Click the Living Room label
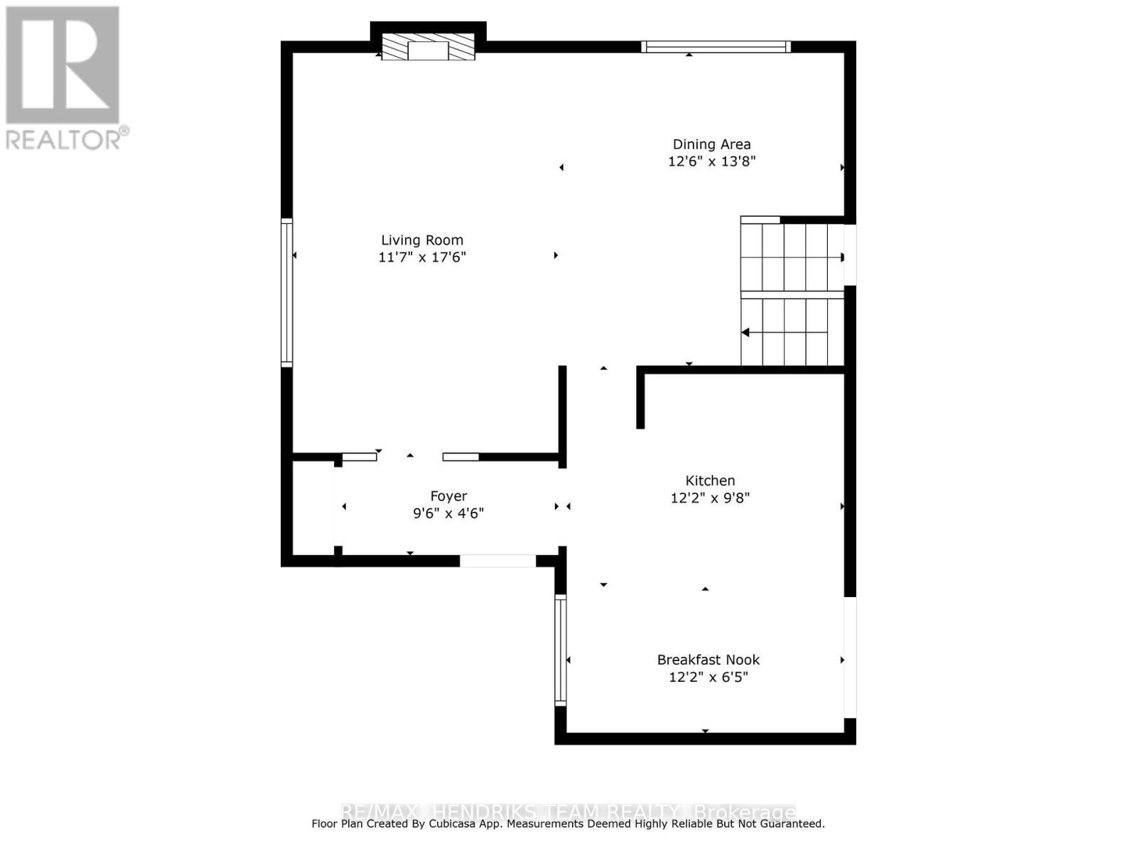click(x=422, y=240)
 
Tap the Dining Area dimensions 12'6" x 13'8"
click(x=711, y=161)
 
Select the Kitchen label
click(x=710, y=481)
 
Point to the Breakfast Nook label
click(x=708, y=660)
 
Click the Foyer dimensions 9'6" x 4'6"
click(x=448, y=513)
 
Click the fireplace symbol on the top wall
click(x=428, y=48)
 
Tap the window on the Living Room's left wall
click(x=287, y=292)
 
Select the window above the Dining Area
click(x=716, y=47)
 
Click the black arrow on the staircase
click(x=745, y=332)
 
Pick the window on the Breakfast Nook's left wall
click(x=561, y=650)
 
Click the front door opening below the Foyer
click(x=497, y=561)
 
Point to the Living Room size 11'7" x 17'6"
click(x=422, y=257)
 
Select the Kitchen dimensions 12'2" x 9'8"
click(x=710, y=498)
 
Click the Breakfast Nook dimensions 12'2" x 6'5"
click(x=708, y=677)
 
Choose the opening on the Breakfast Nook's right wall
click(x=850, y=657)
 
